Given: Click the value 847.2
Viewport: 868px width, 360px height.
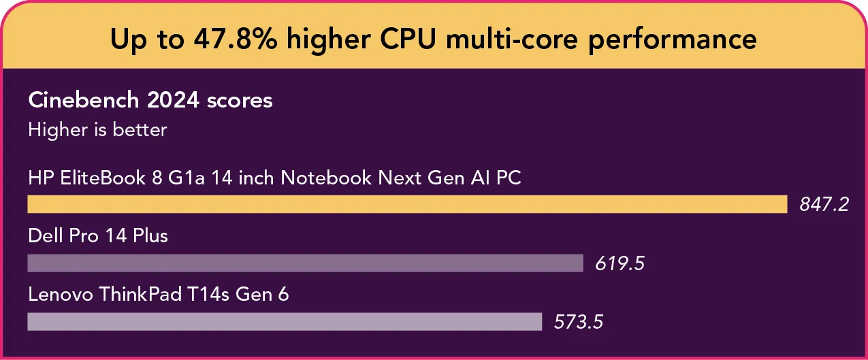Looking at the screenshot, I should [824, 205].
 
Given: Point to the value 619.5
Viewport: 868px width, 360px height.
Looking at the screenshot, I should [620, 263].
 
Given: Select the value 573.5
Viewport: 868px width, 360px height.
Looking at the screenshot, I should [578, 322].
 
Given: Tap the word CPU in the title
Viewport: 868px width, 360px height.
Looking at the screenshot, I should [406, 39].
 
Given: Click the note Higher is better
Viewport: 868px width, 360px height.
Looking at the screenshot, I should [97, 129].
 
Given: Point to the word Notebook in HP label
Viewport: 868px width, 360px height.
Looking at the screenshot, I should [326, 178].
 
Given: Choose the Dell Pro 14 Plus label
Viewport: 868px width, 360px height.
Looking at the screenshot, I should [98, 236].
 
